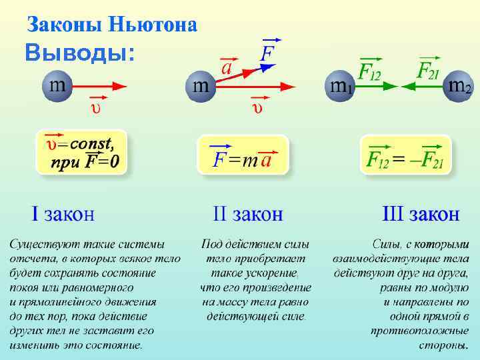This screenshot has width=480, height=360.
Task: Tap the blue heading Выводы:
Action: [x=79, y=53]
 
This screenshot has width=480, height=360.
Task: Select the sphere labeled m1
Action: [x=340, y=87]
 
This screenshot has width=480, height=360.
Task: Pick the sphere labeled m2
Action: [x=459, y=87]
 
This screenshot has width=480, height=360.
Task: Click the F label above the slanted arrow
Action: [x=269, y=52]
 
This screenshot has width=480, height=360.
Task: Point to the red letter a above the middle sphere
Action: [x=227, y=68]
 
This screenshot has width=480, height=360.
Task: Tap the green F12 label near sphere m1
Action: [x=369, y=71]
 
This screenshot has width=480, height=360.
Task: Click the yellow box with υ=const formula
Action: [x=81, y=152]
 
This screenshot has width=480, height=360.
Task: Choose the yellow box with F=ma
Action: [x=243, y=155]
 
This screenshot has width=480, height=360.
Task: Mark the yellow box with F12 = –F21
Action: [x=405, y=155]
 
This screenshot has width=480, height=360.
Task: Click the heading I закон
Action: [x=63, y=215]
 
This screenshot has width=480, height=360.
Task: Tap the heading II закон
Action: [x=247, y=215]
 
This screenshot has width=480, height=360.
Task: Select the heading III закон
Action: [x=420, y=215]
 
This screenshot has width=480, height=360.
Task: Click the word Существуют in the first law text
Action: [x=39, y=243]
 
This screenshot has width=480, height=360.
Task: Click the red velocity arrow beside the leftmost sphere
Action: [x=100, y=86]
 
